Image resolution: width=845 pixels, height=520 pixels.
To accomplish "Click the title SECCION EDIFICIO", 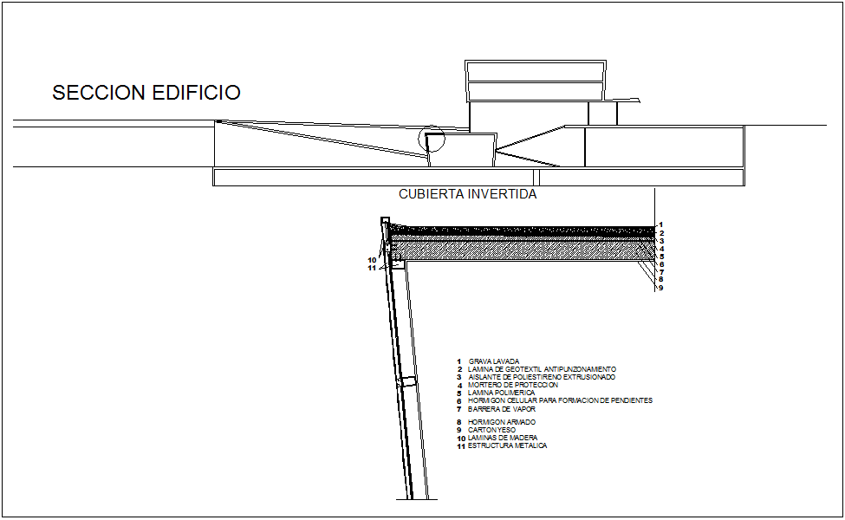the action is click(146, 94).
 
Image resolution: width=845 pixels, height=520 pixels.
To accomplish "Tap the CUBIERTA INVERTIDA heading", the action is click(467, 194).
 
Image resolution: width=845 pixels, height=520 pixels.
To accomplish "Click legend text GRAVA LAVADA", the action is click(494, 361).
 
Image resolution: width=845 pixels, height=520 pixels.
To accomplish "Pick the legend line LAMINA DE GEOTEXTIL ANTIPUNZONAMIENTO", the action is click(542, 369).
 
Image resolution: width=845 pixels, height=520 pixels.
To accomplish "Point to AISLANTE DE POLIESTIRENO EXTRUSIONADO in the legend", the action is click(542, 377).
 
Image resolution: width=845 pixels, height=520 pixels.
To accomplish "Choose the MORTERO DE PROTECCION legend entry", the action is click(513, 385).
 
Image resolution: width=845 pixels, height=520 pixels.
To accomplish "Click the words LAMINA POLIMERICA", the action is click(501, 393).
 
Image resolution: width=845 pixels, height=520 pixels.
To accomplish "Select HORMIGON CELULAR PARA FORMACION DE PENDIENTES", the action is click(560, 400).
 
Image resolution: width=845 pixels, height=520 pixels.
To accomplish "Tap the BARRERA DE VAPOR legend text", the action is click(502, 408).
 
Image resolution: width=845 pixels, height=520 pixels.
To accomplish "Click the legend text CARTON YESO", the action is click(491, 430).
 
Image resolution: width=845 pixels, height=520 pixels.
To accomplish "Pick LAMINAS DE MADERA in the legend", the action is click(503, 438).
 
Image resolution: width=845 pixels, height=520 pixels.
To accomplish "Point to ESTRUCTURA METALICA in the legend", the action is click(507, 445).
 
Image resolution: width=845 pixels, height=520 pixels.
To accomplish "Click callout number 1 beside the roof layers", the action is click(660, 224).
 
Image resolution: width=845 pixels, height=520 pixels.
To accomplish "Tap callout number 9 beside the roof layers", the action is click(660, 288).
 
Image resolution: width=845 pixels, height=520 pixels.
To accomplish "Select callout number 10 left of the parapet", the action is click(372, 259).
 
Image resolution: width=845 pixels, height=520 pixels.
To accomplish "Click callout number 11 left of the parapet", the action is click(372, 268).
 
